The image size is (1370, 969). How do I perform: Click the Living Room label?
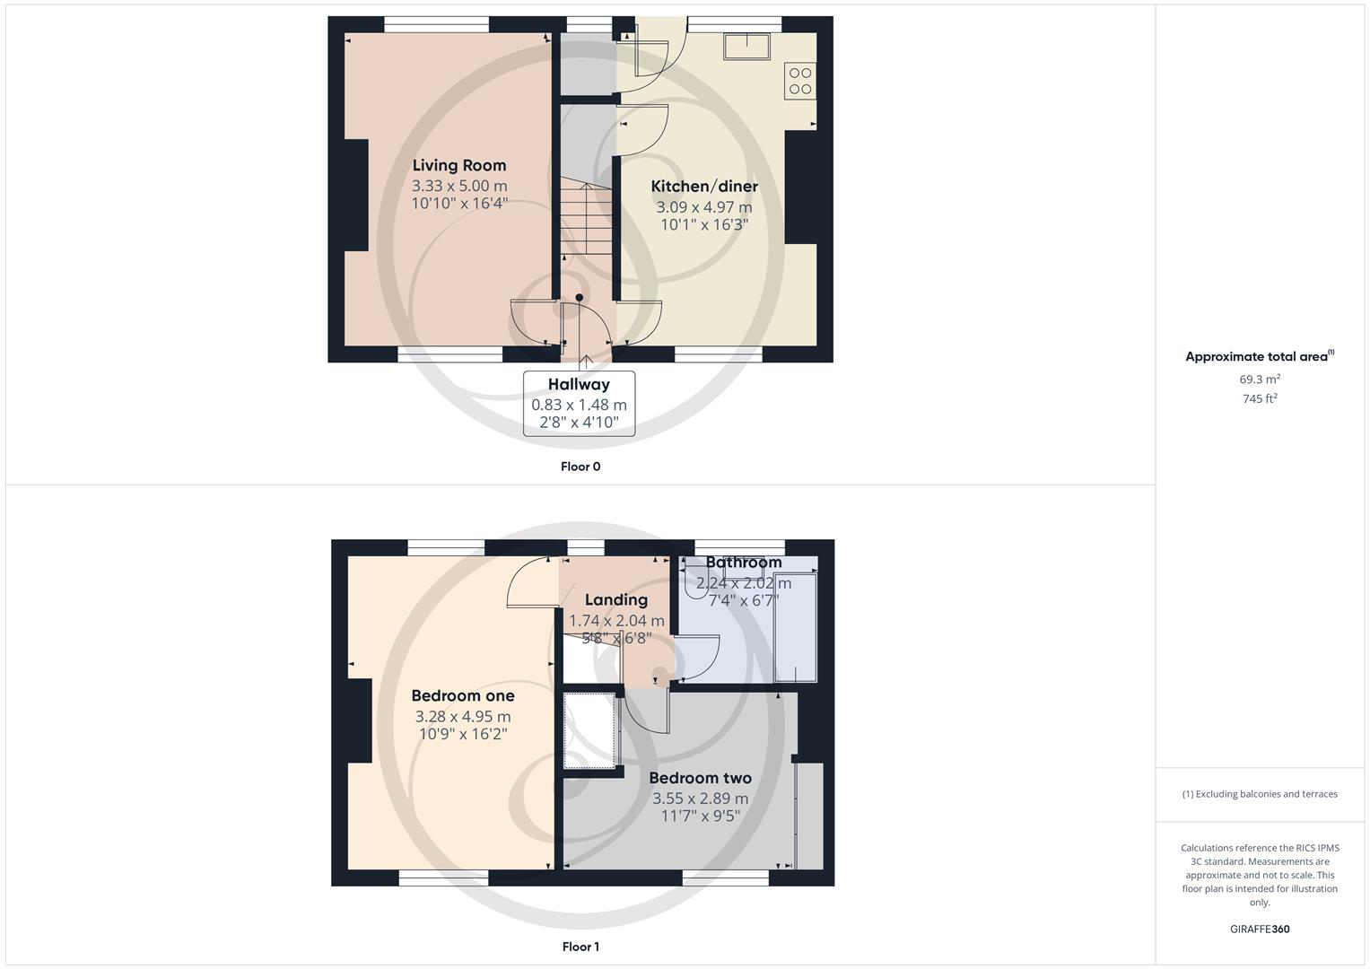(x=459, y=165)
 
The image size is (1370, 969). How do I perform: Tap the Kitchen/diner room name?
(x=704, y=187)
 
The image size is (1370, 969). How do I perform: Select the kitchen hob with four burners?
(x=800, y=81)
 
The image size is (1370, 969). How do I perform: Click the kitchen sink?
(x=747, y=46)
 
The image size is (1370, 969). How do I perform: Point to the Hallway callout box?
(x=579, y=404)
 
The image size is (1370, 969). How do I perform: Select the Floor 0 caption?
(x=580, y=467)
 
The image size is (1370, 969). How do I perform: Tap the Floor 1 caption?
(x=580, y=947)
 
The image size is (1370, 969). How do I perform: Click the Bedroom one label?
(x=463, y=695)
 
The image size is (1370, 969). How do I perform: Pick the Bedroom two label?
(x=700, y=778)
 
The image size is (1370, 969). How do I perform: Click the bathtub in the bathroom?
(x=796, y=628)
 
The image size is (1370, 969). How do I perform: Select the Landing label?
(x=616, y=600)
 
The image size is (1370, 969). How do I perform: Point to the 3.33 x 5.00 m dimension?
(x=459, y=186)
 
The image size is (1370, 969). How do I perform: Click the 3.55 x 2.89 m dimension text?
(x=700, y=799)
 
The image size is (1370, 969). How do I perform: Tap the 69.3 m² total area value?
(x=1260, y=380)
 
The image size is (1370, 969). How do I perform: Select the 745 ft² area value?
(x=1260, y=399)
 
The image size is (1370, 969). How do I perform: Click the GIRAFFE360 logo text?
(x=1260, y=930)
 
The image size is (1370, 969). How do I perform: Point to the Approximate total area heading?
(x=1258, y=357)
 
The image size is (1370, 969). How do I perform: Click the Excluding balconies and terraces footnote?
(x=1260, y=794)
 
